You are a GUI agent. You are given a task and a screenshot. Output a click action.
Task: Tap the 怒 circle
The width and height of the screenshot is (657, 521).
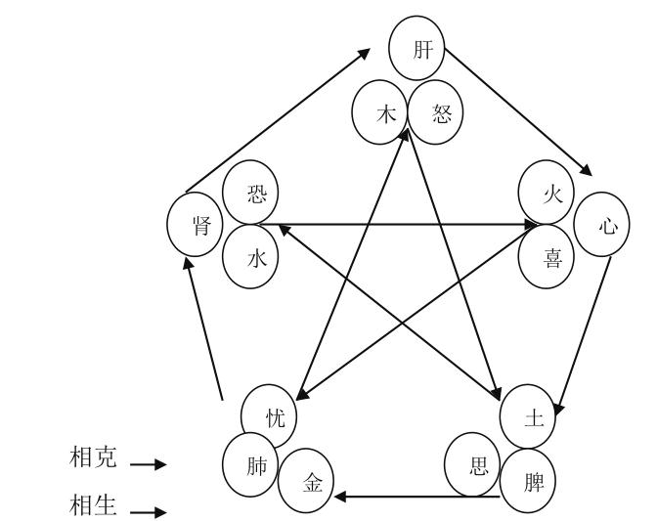(434, 109)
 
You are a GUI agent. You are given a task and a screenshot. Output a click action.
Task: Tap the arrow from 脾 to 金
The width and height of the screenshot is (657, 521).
(420, 497)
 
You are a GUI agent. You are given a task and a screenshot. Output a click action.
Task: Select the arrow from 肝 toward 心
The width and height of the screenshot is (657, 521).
(518, 110)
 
